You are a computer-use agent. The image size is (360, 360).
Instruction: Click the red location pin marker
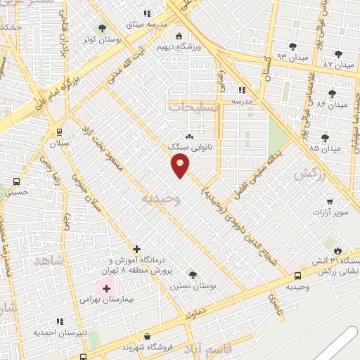pos(180,165)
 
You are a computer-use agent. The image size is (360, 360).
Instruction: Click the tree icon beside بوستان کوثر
pos(103,28)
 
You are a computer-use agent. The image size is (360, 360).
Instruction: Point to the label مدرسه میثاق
pos(166,24)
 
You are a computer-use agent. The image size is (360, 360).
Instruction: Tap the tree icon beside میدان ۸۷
pos(339,53)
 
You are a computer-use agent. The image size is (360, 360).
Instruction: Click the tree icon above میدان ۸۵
pos(325,138)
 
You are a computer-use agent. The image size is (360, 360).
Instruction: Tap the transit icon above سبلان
pos(58,131)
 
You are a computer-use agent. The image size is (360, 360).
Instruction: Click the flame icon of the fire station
pos(338,250)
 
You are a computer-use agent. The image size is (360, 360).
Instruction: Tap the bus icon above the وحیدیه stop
pos(298,276)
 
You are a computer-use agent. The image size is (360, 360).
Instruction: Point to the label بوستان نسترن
pos(191,286)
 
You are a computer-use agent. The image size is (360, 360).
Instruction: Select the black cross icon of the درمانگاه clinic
pos(137,249)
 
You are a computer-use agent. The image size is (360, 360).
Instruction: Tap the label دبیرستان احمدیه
pos(62,332)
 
